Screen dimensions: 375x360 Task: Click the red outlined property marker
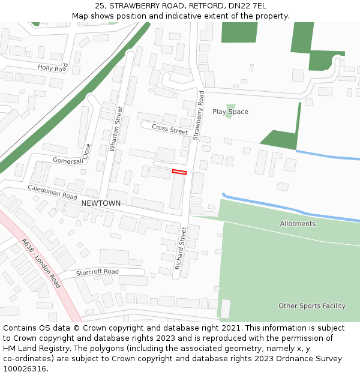(x=179, y=172)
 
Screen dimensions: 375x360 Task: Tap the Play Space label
(x=230, y=112)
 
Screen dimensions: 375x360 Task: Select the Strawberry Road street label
(x=199, y=115)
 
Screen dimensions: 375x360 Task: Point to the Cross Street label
(x=170, y=128)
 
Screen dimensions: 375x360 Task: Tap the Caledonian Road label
(x=52, y=192)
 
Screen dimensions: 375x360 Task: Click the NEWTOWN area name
(x=101, y=203)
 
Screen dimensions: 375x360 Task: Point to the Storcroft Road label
(x=97, y=272)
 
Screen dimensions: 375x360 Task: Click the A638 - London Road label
(x=41, y=263)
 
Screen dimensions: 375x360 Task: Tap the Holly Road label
(x=53, y=68)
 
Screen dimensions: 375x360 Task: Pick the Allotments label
(x=298, y=224)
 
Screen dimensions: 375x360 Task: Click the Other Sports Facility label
(x=312, y=306)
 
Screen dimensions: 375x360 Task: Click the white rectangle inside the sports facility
(x=225, y=308)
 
